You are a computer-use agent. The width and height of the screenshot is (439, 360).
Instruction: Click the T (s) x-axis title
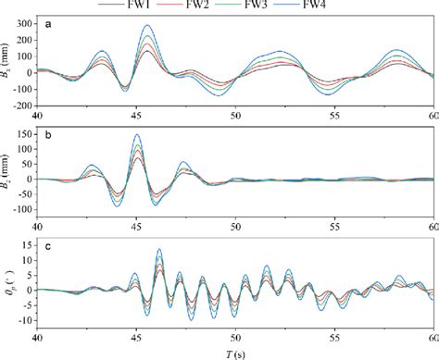click(x=235, y=352)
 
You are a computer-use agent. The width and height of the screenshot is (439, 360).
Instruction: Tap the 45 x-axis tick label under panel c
click(x=136, y=335)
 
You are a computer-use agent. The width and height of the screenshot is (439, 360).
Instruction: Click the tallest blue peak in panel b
click(x=137, y=135)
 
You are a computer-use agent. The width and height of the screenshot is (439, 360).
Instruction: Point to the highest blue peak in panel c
click(x=159, y=249)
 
